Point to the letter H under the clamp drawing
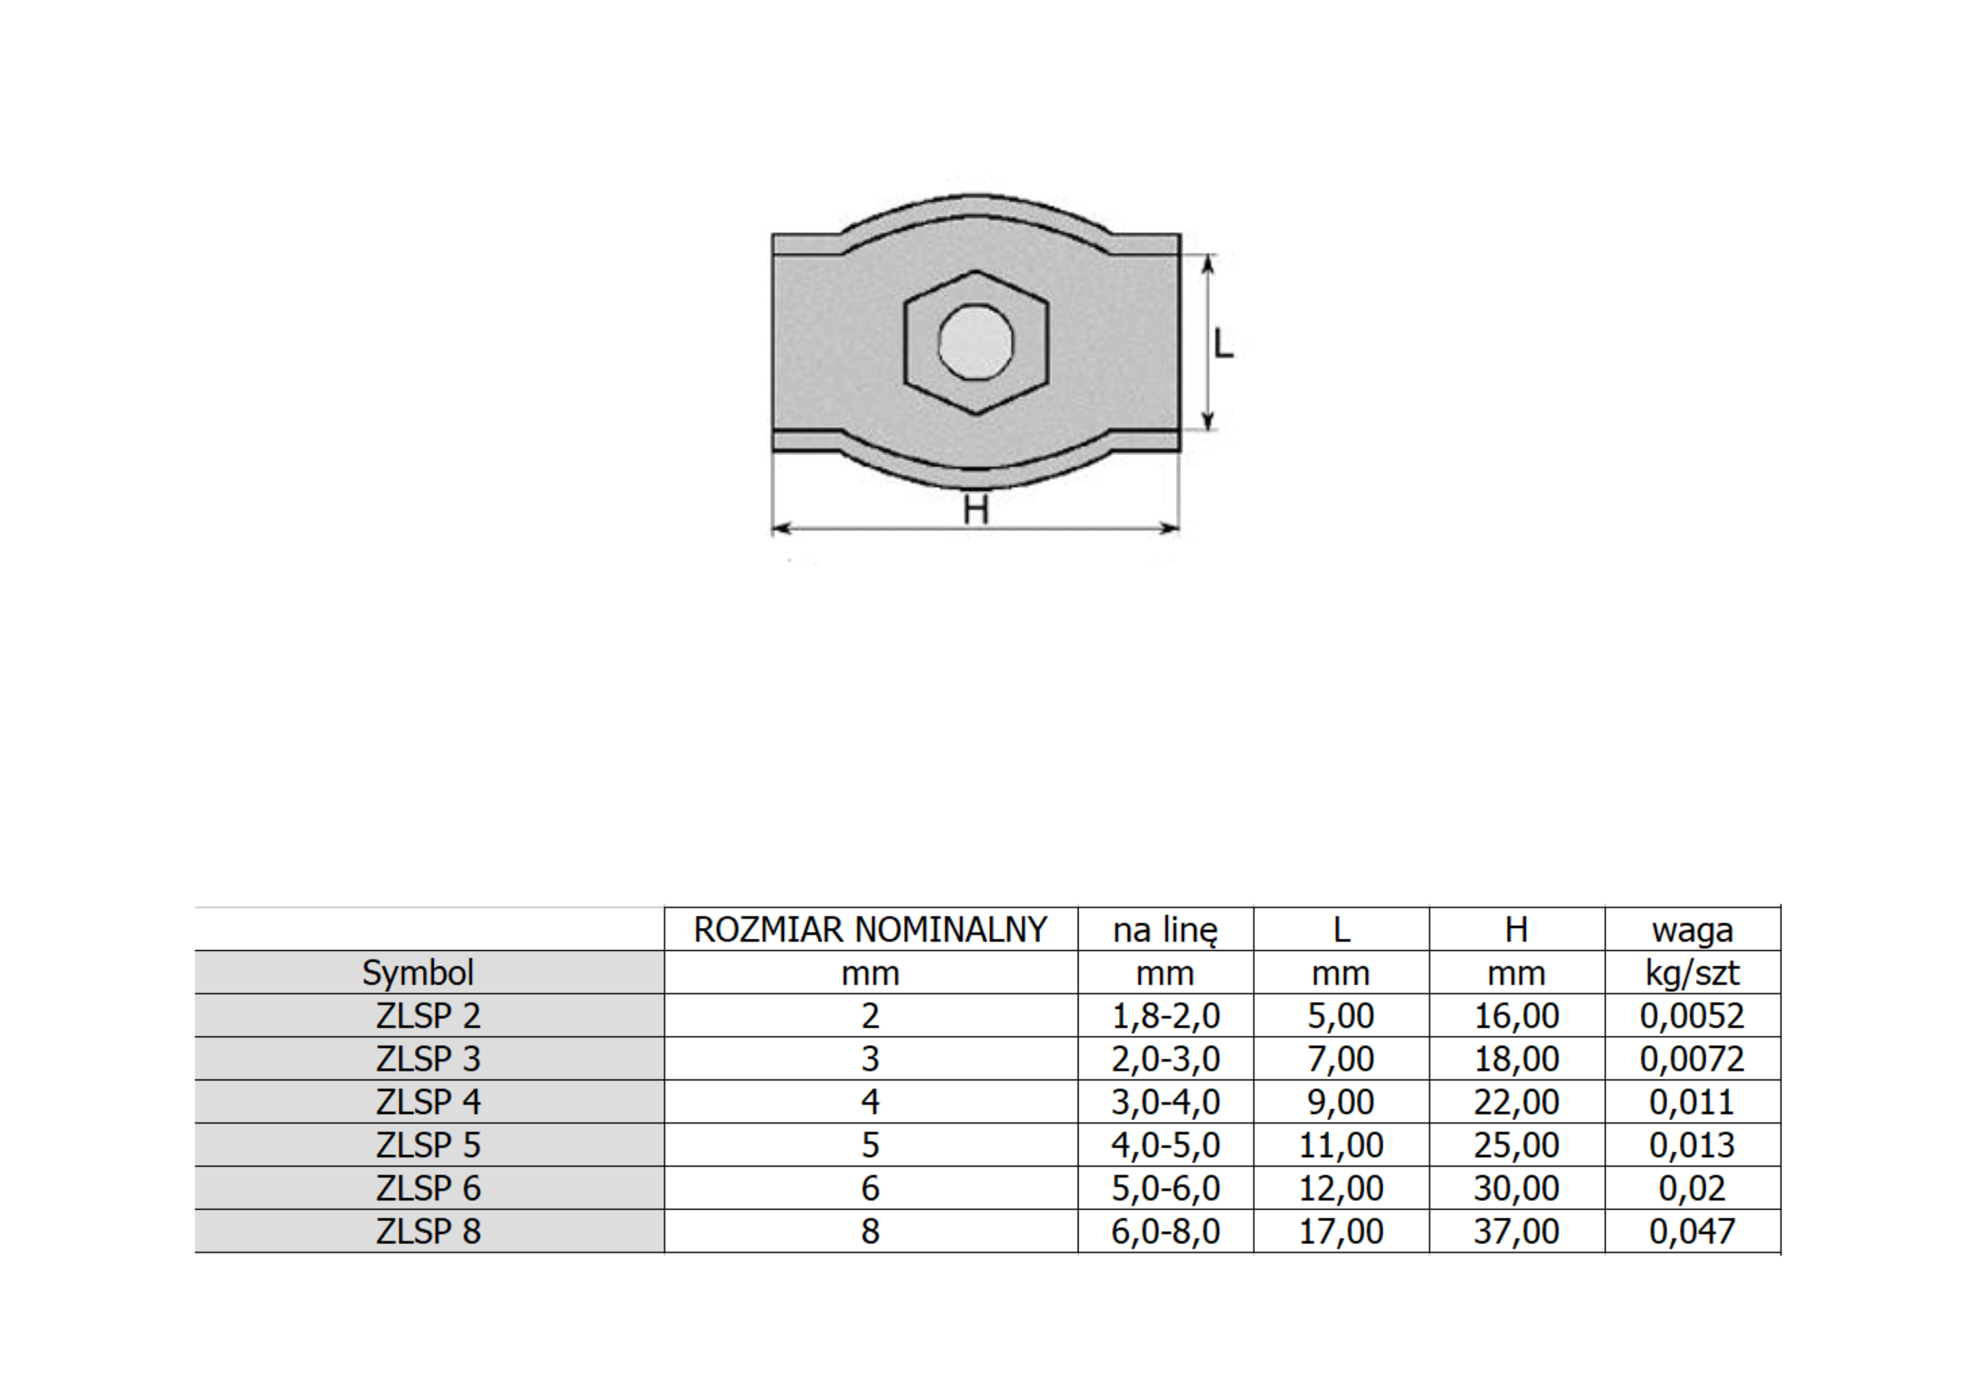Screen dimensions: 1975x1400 pyautogui.click(x=975, y=511)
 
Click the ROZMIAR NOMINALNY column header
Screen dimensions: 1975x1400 pyautogui.click(x=870, y=929)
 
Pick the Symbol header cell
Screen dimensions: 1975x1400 pyautogui.click(x=418, y=973)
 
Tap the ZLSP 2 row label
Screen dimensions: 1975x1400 pyautogui.click(x=428, y=1015)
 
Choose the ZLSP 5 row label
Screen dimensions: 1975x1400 pyautogui.click(x=428, y=1145)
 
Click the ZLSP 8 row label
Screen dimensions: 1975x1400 pyautogui.click(x=428, y=1231)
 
